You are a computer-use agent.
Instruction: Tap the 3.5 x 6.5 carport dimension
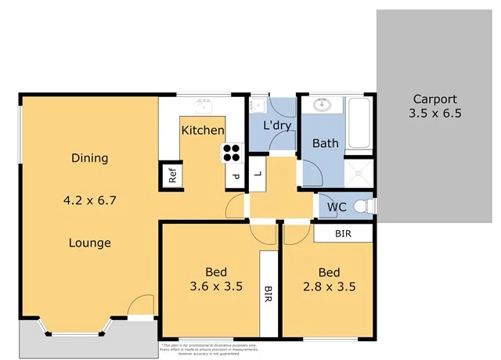click(x=434, y=113)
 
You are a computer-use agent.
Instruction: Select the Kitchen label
click(x=203, y=131)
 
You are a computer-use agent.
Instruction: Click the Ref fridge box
click(x=173, y=175)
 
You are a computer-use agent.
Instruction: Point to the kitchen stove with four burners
click(x=232, y=152)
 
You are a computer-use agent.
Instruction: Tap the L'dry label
click(x=277, y=125)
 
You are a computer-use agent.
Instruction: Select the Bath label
click(x=325, y=143)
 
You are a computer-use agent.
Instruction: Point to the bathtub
click(x=360, y=124)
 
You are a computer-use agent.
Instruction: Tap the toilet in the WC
click(x=362, y=207)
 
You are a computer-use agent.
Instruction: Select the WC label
click(x=337, y=207)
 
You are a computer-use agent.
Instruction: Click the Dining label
click(x=89, y=158)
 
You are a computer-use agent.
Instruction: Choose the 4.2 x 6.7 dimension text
click(x=89, y=200)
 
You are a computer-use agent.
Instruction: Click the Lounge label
click(x=89, y=243)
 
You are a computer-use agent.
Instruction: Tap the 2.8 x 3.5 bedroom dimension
click(x=329, y=286)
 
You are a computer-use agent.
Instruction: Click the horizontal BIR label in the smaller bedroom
click(x=343, y=233)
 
